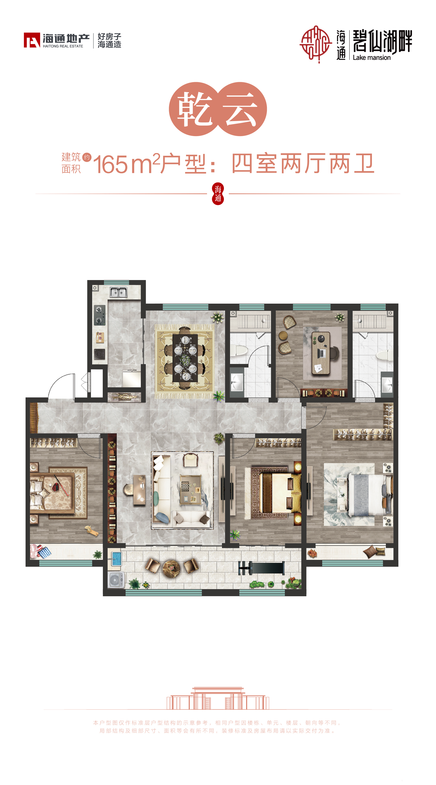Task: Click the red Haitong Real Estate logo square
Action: (32, 40)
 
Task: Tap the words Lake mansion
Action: (372, 58)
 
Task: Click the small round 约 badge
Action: (87, 157)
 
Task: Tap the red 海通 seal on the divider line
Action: (218, 194)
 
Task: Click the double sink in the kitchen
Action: (118, 292)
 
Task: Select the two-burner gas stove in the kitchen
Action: (99, 315)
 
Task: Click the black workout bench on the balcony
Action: (261, 568)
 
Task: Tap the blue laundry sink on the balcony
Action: (116, 559)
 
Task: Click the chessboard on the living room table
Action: (185, 486)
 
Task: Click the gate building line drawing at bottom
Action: (218, 698)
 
